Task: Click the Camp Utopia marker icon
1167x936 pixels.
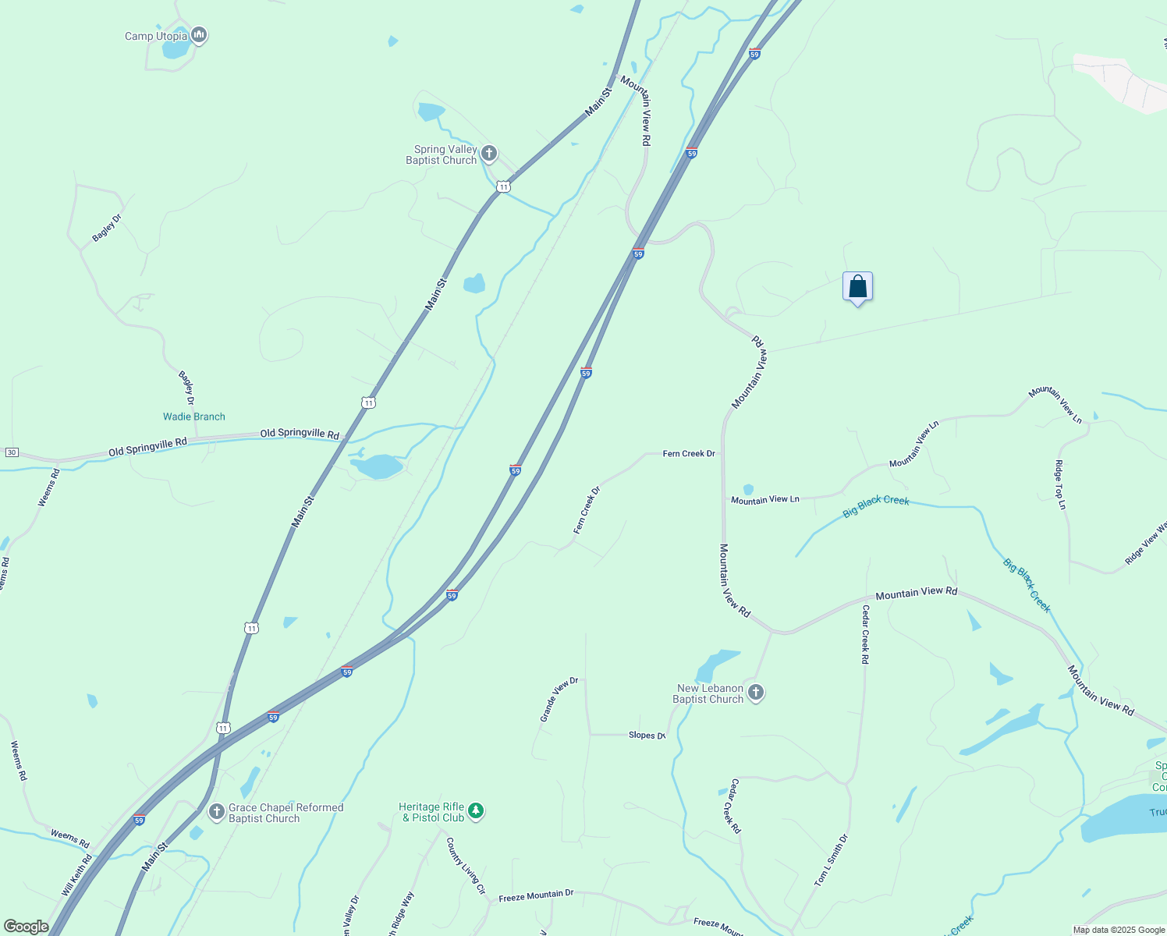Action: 199,35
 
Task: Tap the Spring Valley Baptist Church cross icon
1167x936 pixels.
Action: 489,154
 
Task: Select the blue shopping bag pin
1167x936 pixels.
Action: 857,287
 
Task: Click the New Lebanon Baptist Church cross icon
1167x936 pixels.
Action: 755,692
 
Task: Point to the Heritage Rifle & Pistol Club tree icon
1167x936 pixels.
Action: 476,811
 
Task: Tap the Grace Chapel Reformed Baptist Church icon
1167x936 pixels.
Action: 217,812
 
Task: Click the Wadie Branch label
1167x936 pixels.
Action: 194,417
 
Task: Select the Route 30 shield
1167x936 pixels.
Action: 12,452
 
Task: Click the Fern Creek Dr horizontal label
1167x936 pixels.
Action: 689,453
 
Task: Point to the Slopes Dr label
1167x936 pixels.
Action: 647,736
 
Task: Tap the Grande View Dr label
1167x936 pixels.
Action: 559,698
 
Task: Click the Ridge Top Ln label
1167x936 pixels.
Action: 1060,484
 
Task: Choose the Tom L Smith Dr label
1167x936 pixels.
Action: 831,860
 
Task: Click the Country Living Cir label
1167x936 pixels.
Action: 466,866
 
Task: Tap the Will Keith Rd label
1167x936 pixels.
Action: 76,875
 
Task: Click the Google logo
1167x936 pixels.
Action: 27,927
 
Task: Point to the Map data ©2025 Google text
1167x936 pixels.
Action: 1119,930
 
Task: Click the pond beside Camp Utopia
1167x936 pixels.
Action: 176,50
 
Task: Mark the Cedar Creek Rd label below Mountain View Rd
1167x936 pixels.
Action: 865,634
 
